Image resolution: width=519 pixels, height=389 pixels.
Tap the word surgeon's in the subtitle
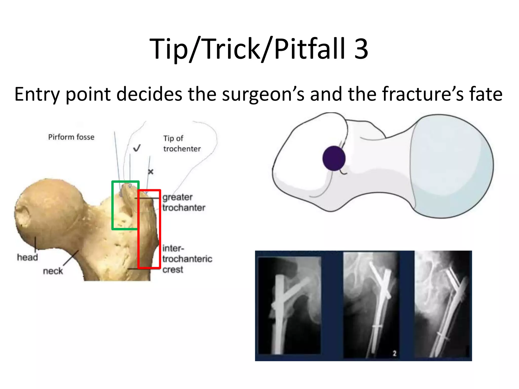pyautogui.click(x=263, y=94)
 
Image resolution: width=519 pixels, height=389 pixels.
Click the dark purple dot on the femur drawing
pyautogui.click(x=334, y=159)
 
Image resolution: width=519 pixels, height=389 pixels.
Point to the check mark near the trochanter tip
pyautogui.click(x=137, y=148)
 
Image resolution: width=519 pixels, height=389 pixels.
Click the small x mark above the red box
pyautogui.click(x=151, y=172)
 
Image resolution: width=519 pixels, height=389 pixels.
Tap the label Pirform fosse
pyautogui.click(x=71, y=137)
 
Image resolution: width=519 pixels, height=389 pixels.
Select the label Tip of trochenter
pyautogui.click(x=182, y=144)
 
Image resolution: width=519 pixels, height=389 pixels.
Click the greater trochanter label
pyautogui.click(x=184, y=202)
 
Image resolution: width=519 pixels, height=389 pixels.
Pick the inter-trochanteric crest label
pyautogui.click(x=187, y=259)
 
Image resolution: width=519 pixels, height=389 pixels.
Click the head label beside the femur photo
pyautogui.click(x=27, y=257)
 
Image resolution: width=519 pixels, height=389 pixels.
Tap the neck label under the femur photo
pyautogui.click(x=53, y=271)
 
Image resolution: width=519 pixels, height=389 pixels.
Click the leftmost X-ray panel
pyautogui.click(x=289, y=305)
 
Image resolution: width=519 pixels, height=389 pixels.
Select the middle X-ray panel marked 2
pyautogui.click(x=370, y=305)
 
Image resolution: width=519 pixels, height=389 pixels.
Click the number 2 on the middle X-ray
pyautogui.click(x=394, y=353)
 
